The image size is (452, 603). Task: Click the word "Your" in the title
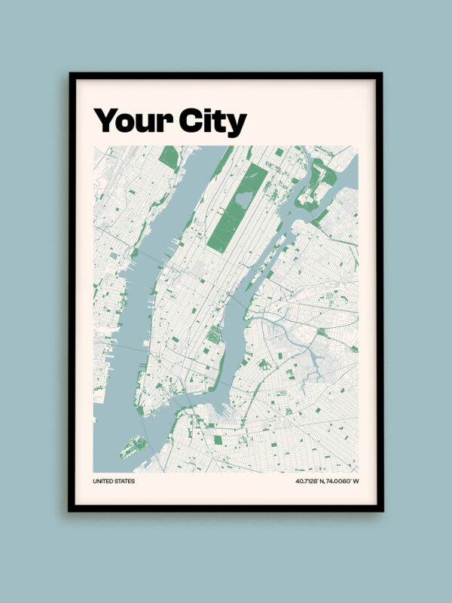point(132,121)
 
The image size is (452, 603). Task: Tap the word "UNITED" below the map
point(103,481)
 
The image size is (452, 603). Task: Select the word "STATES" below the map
point(125,481)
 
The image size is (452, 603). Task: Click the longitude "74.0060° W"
point(343,481)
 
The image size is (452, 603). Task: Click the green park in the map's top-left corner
point(169,157)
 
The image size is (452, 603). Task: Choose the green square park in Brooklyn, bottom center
point(218,440)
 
